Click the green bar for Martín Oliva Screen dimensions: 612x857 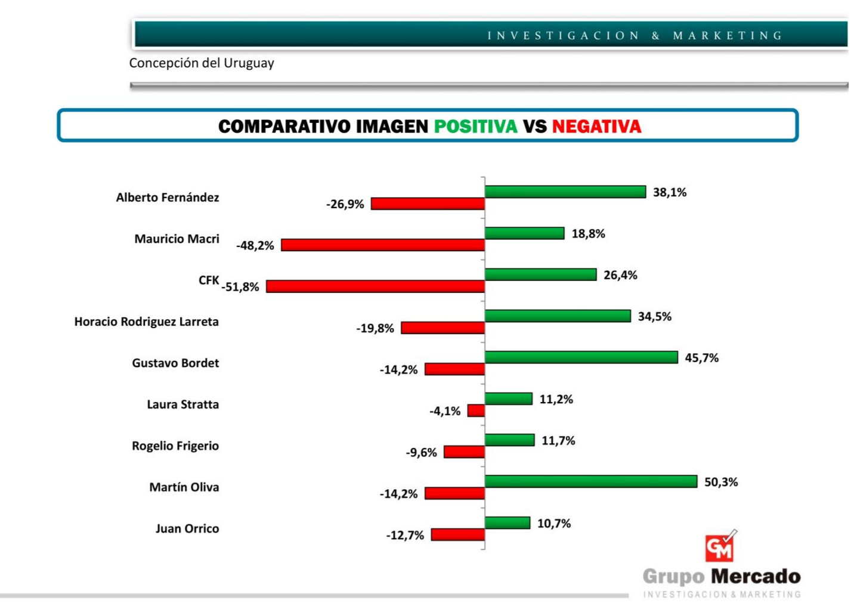pyautogui.click(x=590, y=481)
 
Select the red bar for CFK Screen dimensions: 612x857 pyautogui.click(x=375, y=287)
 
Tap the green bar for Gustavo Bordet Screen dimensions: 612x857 pyautogui.click(x=581, y=357)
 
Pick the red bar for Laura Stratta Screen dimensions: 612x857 pyautogui.click(x=476, y=411)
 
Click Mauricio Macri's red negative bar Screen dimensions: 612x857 pyautogui.click(x=382, y=245)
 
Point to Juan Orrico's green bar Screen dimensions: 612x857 pyautogui.click(x=507, y=523)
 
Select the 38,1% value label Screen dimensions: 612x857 pyautogui.click(x=669, y=192)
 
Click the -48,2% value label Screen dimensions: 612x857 pyautogui.click(x=255, y=245)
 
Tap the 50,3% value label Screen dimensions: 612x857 pyautogui.click(x=720, y=482)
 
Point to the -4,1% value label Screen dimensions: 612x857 pyautogui.click(x=445, y=411)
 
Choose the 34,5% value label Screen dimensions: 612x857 pyautogui.click(x=654, y=316)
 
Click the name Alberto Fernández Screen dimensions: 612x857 pyautogui.click(x=168, y=197)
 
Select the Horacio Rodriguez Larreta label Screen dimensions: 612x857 pyautogui.click(x=147, y=322)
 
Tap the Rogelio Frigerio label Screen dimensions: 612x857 pyautogui.click(x=175, y=446)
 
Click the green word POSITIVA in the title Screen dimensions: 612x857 pyautogui.click(x=475, y=126)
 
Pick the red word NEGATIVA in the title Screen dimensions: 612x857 pyautogui.click(x=596, y=126)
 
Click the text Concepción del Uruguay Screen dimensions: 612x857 pyautogui.click(x=202, y=63)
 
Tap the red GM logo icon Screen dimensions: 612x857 pyautogui.click(x=720, y=547)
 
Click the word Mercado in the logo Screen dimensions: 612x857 pyautogui.click(x=756, y=576)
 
